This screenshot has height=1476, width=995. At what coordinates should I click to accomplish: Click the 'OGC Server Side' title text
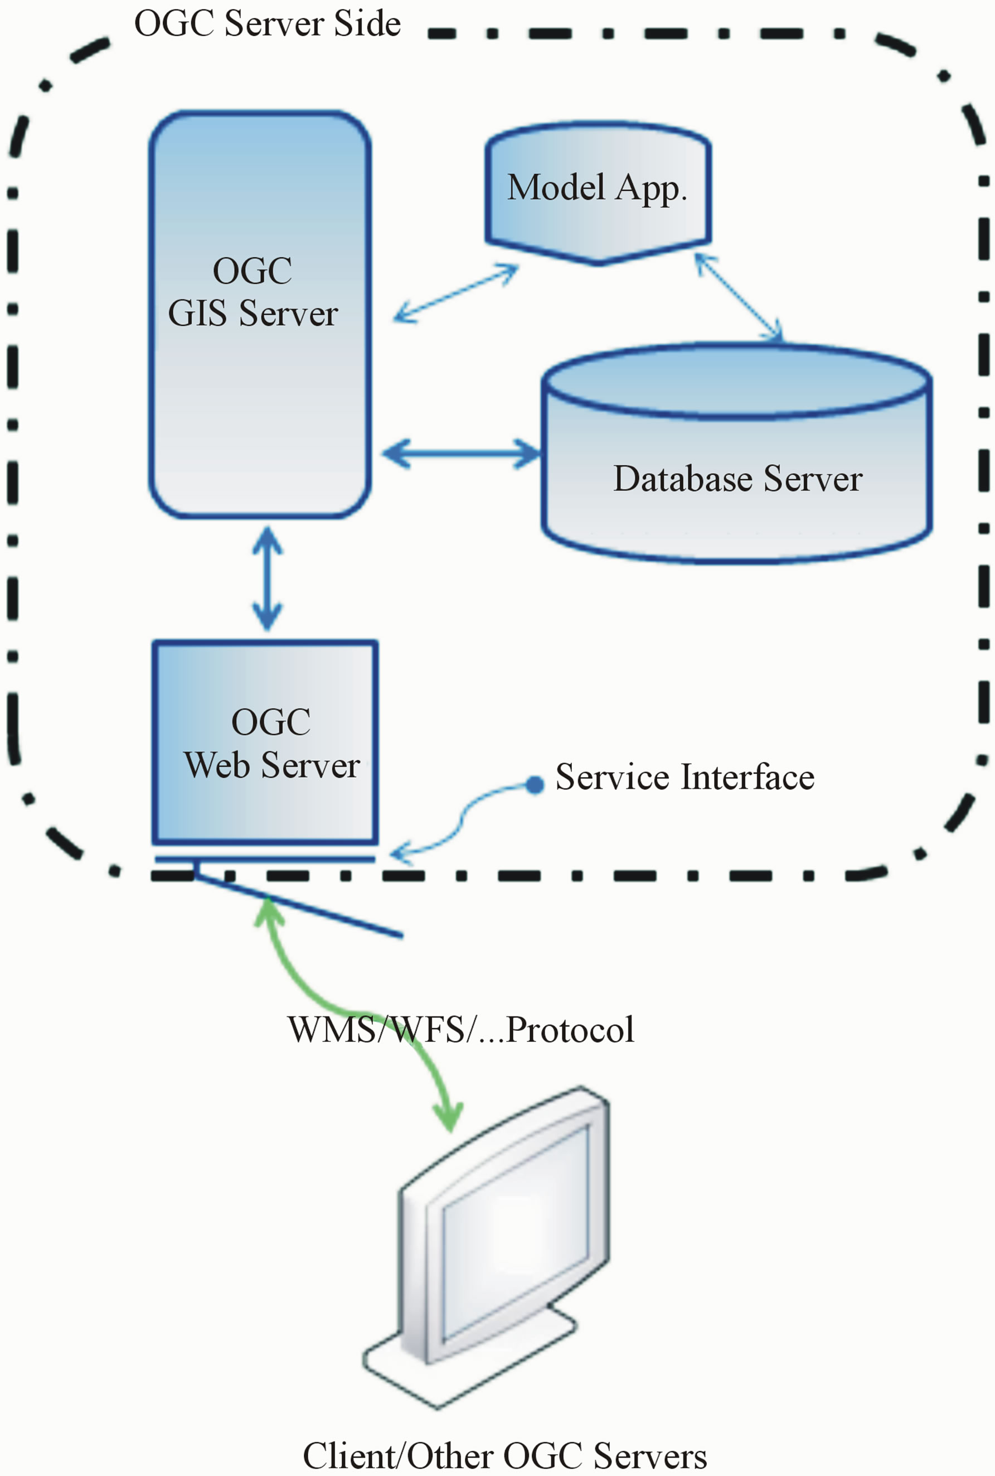tap(267, 24)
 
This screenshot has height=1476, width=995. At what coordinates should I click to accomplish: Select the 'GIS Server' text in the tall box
tap(253, 313)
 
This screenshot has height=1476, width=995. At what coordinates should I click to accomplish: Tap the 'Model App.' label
tap(596, 188)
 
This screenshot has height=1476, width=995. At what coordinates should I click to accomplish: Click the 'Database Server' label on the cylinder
tap(737, 479)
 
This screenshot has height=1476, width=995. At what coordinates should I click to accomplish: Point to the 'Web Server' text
tap(271, 765)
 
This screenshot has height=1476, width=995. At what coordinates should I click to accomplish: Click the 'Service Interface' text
tap(685, 777)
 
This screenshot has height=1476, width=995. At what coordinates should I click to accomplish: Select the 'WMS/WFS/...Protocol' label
tap(460, 1030)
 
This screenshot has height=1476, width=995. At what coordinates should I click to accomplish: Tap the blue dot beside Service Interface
tap(535, 785)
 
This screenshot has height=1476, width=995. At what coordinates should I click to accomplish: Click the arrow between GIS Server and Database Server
tap(462, 454)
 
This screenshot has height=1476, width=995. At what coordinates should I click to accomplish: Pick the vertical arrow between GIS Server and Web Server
tap(267, 578)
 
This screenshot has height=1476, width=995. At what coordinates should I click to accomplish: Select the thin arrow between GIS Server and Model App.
tap(455, 294)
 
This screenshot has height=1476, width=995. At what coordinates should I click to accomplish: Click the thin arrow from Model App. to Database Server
tap(739, 298)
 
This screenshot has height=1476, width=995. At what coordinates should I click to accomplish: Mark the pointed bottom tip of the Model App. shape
tap(598, 261)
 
